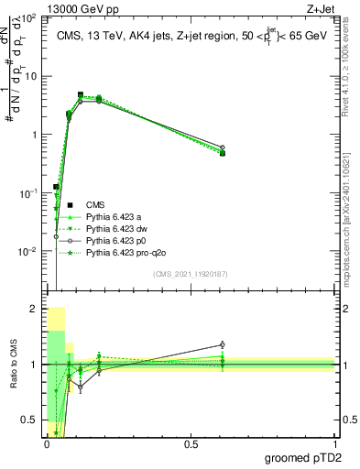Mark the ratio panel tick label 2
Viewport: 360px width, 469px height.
[34, 310]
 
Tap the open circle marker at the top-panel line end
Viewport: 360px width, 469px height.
[223, 147]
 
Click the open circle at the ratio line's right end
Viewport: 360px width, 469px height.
[223, 345]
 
